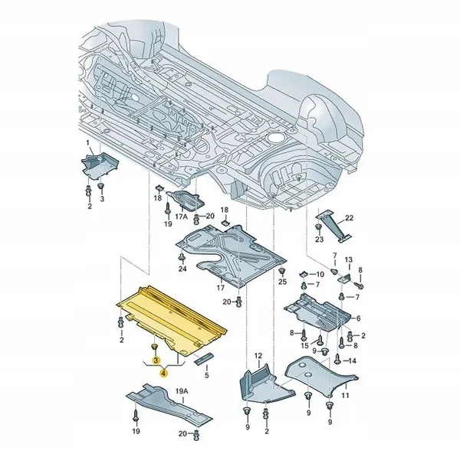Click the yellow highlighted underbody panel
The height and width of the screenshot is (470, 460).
[172, 314]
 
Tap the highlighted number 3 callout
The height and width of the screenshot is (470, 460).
[156, 359]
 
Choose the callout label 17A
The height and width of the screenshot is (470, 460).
[181, 217]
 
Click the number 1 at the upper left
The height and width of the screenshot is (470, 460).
[87, 144]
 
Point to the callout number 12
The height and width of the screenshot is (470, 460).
[258, 356]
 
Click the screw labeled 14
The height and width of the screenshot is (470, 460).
[334, 361]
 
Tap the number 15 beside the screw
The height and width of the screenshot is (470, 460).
[304, 347]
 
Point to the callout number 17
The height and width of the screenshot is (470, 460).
[221, 288]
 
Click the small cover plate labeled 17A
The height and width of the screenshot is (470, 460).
[186, 201]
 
